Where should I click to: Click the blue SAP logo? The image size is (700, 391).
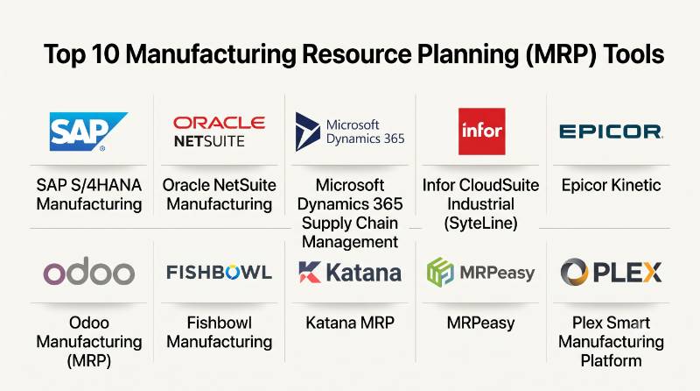[88, 132]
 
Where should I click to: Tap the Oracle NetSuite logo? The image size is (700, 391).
[220, 132]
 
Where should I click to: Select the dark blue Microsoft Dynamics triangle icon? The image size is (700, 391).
[308, 132]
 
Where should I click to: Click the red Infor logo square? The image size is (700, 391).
[482, 132]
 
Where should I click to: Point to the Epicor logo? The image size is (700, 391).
[611, 132]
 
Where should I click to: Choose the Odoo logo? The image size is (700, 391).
[89, 271]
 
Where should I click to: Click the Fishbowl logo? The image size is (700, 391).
[220, 272]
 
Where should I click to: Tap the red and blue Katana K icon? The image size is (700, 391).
[310, 272]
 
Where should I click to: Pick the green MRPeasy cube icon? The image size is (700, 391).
[440, 272]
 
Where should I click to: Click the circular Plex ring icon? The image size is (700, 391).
[574, 272]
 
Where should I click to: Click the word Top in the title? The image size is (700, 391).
[62, 55]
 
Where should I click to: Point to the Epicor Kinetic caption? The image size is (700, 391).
[611, 185]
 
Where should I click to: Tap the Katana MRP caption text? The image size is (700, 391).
[350, 323]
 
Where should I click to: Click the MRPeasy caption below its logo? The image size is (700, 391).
[480, 323]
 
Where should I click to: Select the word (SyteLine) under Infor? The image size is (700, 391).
[480, 223]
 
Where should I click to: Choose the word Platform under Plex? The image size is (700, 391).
[611, 360]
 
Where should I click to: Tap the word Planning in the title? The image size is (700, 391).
[467, 55]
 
